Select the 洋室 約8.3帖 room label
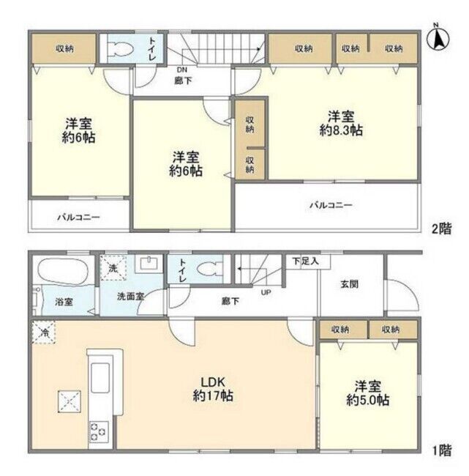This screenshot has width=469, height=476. point(341,123)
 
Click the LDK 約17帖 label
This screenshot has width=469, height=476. point(213,389)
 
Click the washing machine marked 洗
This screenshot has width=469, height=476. point(113,268)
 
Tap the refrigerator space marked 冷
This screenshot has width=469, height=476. point(44,332)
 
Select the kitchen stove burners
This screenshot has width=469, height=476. point(99,431)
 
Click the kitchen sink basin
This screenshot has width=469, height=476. point(100,378)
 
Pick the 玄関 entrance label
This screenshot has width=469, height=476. point(349,284)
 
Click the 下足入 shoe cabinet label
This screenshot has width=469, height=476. point(306,261)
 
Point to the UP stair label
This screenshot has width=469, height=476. point(266,293)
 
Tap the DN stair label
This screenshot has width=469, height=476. point(182,70)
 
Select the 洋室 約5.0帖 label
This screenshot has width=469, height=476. point(368,393)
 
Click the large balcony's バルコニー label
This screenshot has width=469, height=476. point(331,205)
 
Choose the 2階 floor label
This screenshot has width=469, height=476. point(441,228)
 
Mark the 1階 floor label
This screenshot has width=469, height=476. point(441,450)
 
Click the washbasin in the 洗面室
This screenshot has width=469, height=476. point(149,263)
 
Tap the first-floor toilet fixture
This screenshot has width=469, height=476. point(207,269)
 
